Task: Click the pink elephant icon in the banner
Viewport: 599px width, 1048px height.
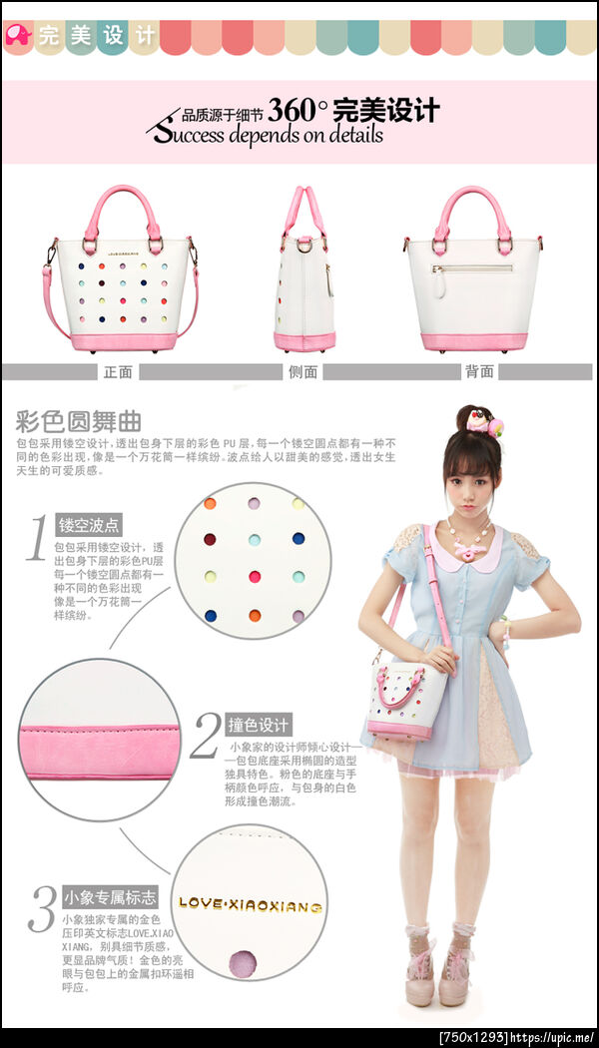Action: (x=18, y=36)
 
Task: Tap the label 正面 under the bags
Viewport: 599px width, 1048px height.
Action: (x=117, y=371)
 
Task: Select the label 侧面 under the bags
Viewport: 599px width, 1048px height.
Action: (x=303, y=371)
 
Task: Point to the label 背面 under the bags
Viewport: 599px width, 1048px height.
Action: (x=479, y=371)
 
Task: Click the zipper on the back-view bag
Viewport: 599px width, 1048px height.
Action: (x=471, y=267)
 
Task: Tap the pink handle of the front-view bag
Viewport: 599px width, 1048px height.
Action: (x=122, y=200)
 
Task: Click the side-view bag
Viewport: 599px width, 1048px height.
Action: (x=304, y=279)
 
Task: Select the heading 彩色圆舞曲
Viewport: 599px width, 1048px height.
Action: (x=79, y=419)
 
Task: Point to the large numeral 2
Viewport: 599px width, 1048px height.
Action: (x=205, y=736)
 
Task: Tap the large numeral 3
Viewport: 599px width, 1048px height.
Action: (x=41, y=907)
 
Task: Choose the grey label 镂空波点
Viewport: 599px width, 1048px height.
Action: (x=89, y=525)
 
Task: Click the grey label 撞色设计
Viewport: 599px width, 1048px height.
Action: (x=259, y=724)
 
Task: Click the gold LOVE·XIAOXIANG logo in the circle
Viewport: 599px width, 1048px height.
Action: (x=250, y=905)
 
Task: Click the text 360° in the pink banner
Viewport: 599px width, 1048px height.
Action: (x=292, y=108)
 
